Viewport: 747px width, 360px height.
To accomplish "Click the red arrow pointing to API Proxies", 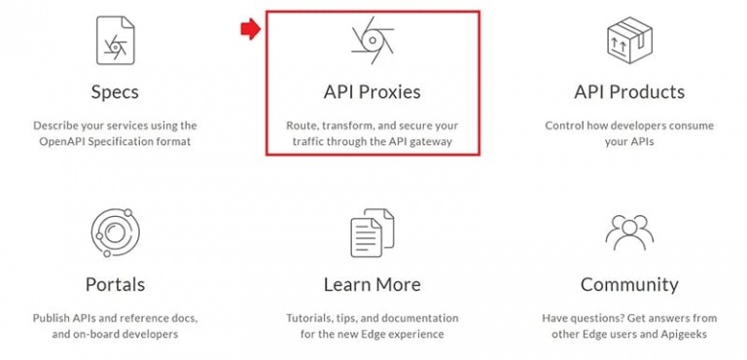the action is (x=250, y=30).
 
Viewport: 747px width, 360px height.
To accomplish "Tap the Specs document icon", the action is (x=116, y=40).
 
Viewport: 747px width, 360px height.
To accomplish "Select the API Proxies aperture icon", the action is (x=373, y=40).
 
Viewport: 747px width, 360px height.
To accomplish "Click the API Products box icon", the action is (x=629, y=40).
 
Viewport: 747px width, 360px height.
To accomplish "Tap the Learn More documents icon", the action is (x=373, y=234).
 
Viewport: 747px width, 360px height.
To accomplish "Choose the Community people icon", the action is (x=629, y=233).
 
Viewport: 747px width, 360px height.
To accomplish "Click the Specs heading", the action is (x=115, y=92).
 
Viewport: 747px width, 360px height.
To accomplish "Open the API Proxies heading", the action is (x=373, y=92).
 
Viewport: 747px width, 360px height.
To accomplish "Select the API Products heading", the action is (x=629, y=91).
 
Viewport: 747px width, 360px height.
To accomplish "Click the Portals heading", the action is (x=115, y=284).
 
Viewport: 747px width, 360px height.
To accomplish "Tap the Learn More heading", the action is (x=373, y=284).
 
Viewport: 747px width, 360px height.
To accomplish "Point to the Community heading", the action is (x=629, y=285).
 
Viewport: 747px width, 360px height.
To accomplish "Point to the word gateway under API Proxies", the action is (x=432, y=142).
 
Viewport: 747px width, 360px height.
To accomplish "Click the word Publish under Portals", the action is (x=50, y=318).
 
